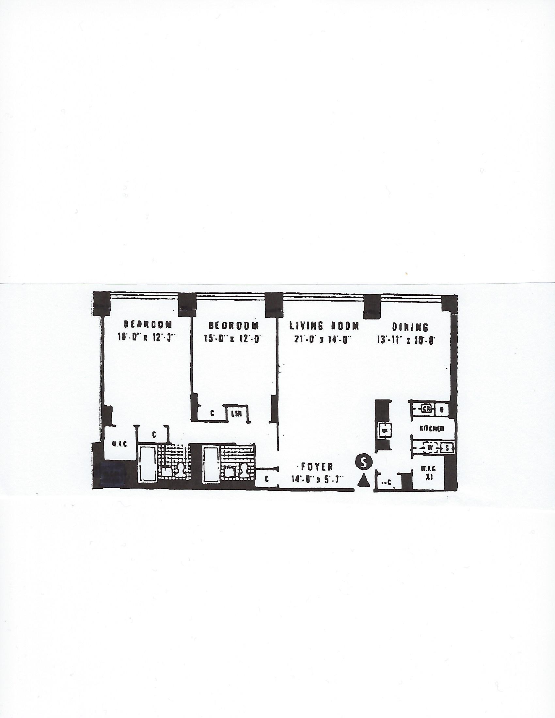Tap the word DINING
point(410,327)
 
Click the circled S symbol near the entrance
point(363,462)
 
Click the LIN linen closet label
point(236,414)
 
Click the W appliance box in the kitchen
point(429,447)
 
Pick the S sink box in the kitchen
point(446,448)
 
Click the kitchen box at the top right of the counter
point(442,410)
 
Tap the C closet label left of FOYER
point(267,480)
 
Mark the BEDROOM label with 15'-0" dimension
point(234,325)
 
